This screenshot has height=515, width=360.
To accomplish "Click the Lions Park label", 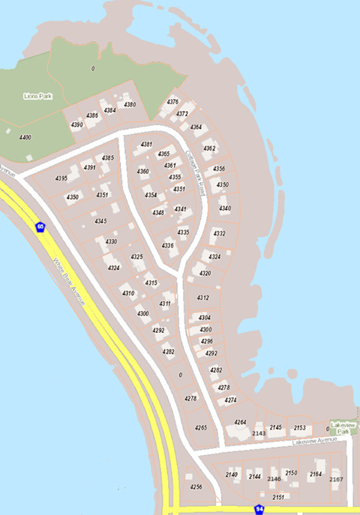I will tap(36, 96).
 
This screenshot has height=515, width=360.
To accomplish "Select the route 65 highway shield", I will tap(40, 226).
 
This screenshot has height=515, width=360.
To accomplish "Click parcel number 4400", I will tap(25, 138).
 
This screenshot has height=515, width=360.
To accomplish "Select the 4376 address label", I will tap(172, 102).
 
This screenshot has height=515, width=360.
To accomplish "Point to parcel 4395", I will tap(61, 178).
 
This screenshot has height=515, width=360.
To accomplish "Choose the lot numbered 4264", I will tap(240, 423).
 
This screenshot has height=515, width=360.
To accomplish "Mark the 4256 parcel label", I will tap(196, 487).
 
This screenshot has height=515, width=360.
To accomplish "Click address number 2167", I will tap(336, 480).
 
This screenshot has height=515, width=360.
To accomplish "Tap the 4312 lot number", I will tap(203, 298).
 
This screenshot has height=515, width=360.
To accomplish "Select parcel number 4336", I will tap(168, 246).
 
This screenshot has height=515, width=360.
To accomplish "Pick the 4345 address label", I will tap(100, 222).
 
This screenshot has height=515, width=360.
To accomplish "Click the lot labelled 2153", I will tap(299, 428).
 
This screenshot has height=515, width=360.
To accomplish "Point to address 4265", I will tap(201, 427).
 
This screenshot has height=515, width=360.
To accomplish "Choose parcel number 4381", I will tap(147, 144).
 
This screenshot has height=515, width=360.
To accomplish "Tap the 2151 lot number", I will tap(278, 497).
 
